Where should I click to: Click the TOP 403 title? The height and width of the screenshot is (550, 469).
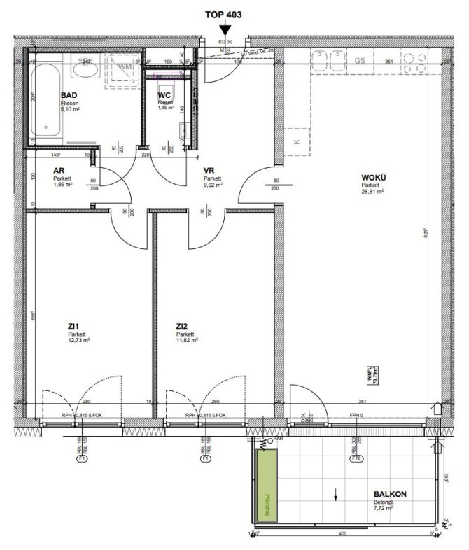click(224, 13)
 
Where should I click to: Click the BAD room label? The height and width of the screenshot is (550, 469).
click(69, 95)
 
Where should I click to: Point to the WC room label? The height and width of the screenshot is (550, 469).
click(164, 95)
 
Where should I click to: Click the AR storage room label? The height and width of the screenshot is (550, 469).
click(60, 171)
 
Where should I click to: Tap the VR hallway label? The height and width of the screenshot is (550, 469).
click(208, 171)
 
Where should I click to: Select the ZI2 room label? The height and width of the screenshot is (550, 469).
click(183, 325)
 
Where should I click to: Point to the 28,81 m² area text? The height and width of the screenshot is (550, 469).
click(372, 190)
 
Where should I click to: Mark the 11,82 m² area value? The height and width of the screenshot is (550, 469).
click(187, 340)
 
